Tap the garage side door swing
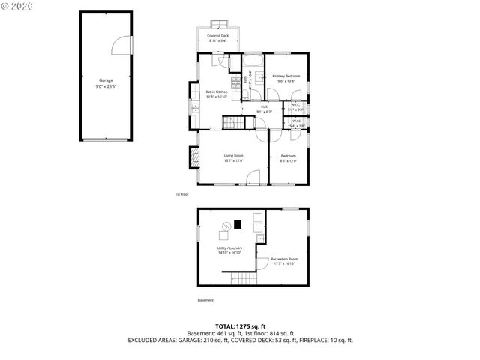click(120, 46)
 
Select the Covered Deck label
click(218, 37)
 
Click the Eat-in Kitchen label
click(217, 93)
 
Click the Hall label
click(265, 108)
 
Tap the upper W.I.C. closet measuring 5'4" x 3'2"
click(295, 108)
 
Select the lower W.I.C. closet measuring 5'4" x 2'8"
click(296, 124)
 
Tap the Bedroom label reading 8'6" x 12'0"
click(289, 158)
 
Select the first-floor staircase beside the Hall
click(232, 123)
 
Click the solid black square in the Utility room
click(238, 223)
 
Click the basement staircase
click(244, 279)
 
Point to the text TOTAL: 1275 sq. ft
click(240, 326)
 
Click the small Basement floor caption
click(205, 300)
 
